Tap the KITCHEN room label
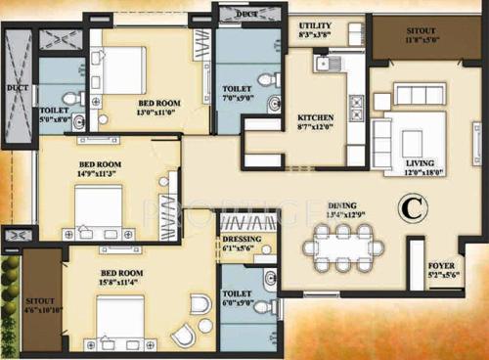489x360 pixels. [x=316, y=117]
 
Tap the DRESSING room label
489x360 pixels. [x=240, y=238]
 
